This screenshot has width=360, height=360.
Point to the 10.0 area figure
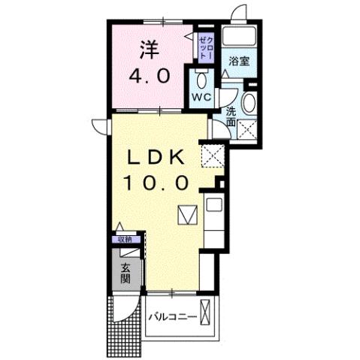[x=159, y=183]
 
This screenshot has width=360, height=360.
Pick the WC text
[x=201, y=98]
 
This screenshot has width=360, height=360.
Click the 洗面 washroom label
[x=232, y=116]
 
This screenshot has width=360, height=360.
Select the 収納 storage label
[x=123, y=240]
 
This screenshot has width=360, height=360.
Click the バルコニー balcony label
[x=172, y=317]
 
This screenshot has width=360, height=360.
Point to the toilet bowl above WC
[x=200, y=79]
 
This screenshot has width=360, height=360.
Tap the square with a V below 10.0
[x=187, y=214]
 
